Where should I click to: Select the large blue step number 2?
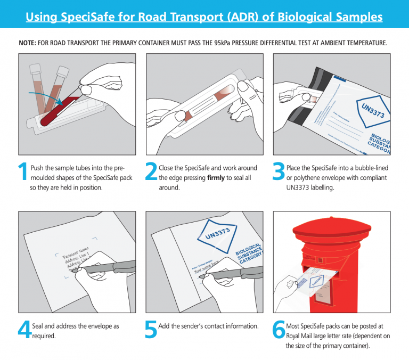tap(151, 172)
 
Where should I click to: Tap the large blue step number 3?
tap(279, 172)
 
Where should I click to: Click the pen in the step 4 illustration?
tap(107, 266)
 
